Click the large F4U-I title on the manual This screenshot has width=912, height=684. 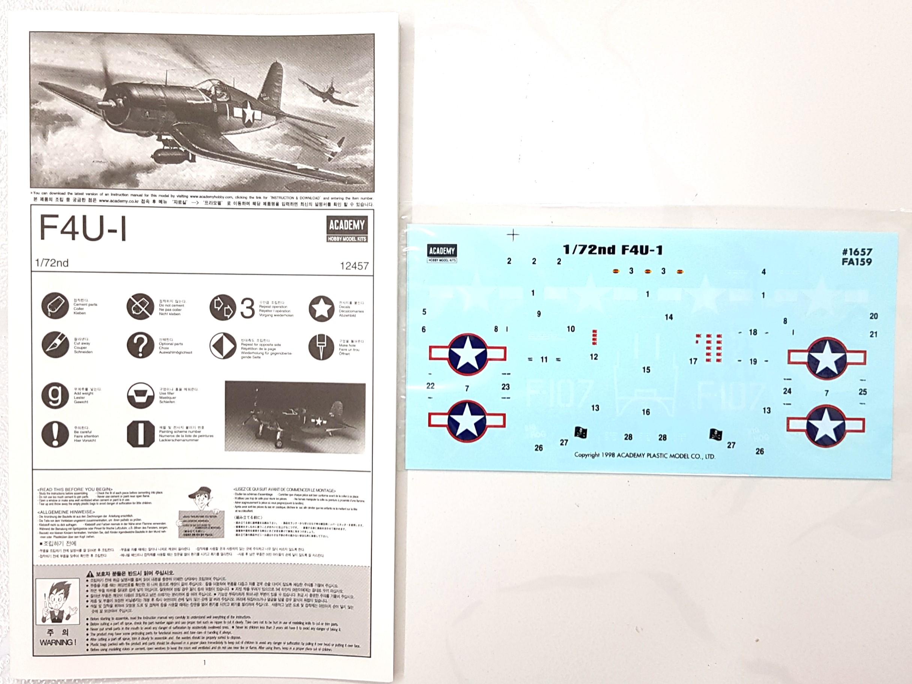click(x=83, y=228)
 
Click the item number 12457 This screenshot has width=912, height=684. click(x=354, y=266)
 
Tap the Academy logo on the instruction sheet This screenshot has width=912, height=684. click(x=347, y=229)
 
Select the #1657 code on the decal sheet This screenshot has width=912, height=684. click(x=857, y=252)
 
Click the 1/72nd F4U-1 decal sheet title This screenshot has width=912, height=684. click(x=613, y=250)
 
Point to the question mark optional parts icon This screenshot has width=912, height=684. click(x=140, y=345)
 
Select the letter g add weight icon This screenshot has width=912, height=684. click(x=55, y=395)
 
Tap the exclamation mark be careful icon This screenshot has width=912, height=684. click(x=55, y=434)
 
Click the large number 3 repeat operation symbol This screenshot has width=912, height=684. click(x=247, y=308)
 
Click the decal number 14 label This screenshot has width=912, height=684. click(x=669, y=317)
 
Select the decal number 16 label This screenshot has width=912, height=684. click(x=646, y=412)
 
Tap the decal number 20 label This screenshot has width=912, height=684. click(x=874, y=316)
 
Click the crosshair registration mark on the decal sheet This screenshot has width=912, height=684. click(x=513, y=235)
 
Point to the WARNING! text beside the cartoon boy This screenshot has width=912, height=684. click(x=58, y=642)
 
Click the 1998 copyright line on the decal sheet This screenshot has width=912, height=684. click(x=645, y=455)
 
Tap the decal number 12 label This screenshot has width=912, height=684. click(x=594, y=357)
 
